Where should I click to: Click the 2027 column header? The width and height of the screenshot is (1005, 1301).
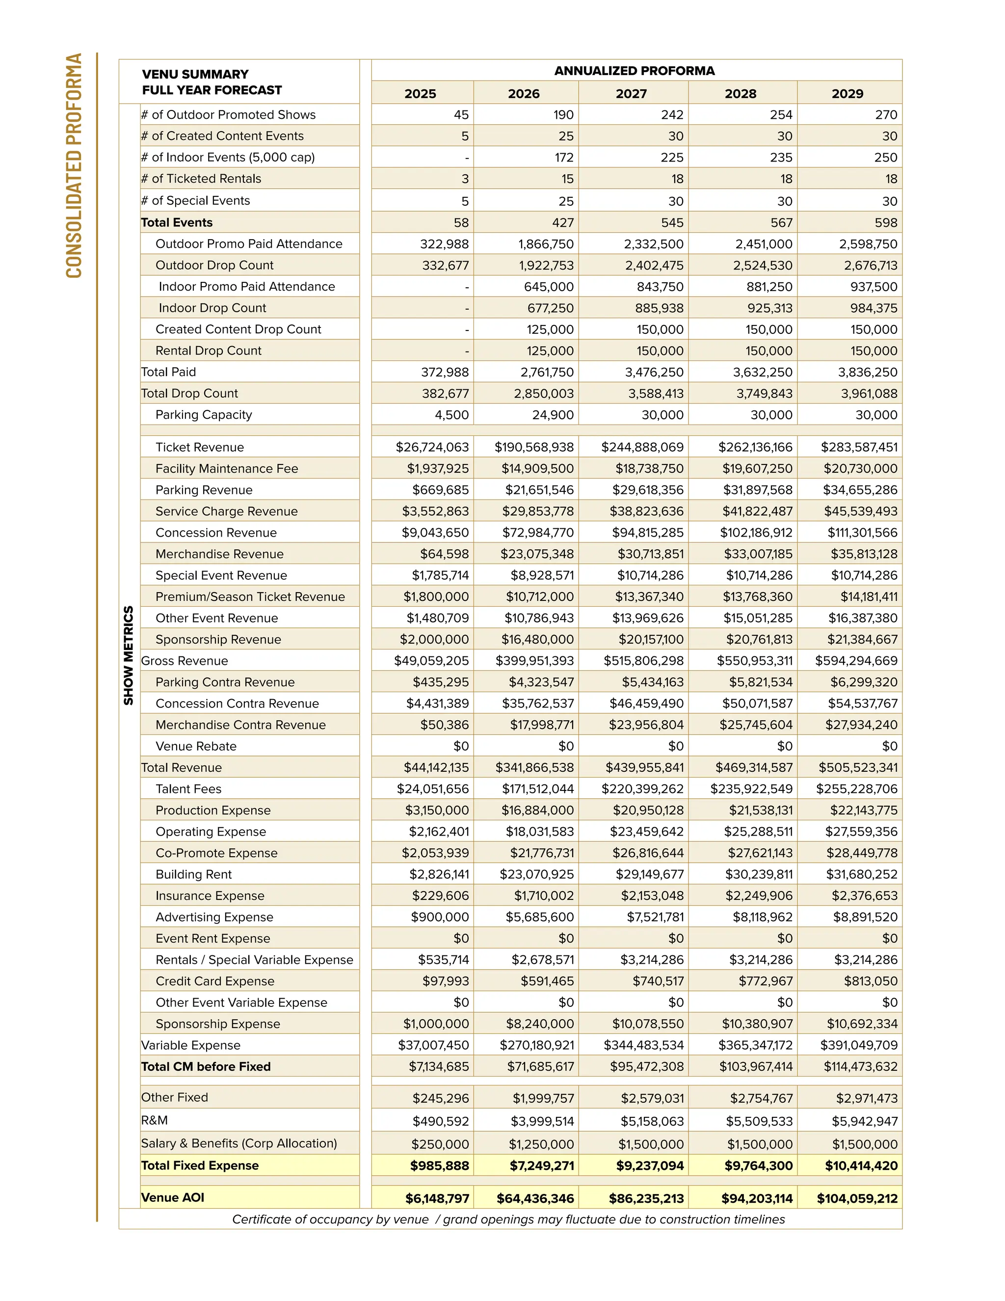(x=631, y=94)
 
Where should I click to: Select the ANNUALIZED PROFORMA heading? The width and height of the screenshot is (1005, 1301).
(x=634, y=71)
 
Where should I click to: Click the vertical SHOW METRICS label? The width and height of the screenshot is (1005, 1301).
(x=129, y=655)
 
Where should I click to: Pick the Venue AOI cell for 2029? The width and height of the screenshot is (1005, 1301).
(x=857, y=1198)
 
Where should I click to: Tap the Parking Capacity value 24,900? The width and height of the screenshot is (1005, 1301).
(x=553, y=415)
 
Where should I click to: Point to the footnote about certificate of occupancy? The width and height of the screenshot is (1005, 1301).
(x=508, y=1220)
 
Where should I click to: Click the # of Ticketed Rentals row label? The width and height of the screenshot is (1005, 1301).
(x=201, y=179)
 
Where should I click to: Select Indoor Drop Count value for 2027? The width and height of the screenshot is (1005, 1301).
(x=654, y=308)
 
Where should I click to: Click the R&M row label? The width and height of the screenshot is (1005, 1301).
(x=154, y=1120)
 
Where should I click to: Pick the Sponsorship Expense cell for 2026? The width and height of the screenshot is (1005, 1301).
(x=539, y=1024)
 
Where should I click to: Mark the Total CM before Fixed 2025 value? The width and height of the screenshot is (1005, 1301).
(x=438, y=1067)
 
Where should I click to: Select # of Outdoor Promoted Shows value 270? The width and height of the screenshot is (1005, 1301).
(x=886, y=115)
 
